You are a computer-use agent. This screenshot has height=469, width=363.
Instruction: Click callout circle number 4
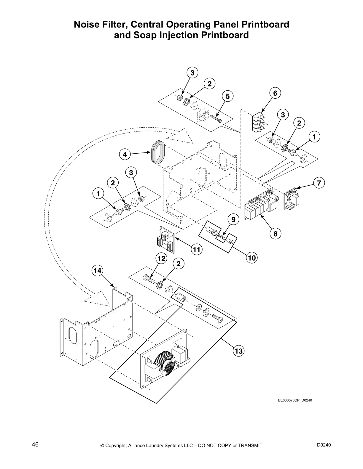pyautogui.click(x=125, y=154)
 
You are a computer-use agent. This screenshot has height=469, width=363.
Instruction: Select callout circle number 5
pyautogui.click(x=227, y=96)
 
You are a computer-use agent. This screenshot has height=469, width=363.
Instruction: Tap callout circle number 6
pyautogui.click(x=275, y=93)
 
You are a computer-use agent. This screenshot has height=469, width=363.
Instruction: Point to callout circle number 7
pyautogui.click(x=319, y=183)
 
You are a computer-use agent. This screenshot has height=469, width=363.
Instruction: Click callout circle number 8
pyautogui.click(x=275, y=234)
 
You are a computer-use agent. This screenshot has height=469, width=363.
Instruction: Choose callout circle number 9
pyautogui.click(x=233, y=219)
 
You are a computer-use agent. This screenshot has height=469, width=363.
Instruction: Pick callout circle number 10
pyautogui.click(x=252, y=258)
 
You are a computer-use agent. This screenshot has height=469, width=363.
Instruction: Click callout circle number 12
pyautogui.click(x=161, y=258)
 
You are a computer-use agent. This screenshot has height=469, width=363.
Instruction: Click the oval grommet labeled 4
pyautogui.click(x=157, y=152)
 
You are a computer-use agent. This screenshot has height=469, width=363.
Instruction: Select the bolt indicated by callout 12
pyautogui.click(x=149, y=278)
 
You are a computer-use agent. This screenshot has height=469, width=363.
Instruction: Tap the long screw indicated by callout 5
pyautogui.click(x=216, y=119)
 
